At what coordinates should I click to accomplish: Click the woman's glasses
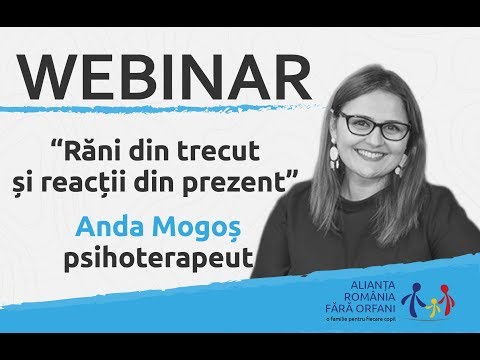373,127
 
